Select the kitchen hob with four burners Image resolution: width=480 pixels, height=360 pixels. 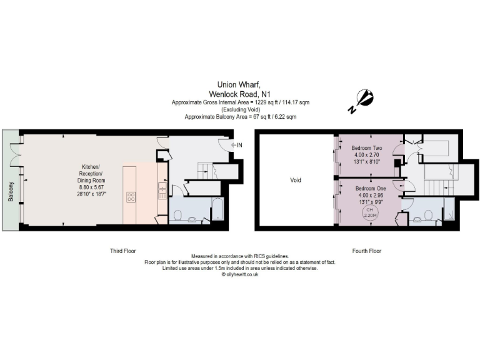pos(132,197)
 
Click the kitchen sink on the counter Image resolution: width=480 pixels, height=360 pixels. pos(162,188)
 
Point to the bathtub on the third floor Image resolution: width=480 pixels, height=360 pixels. pos(217,209)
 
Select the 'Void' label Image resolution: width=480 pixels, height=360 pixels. pos(296,180)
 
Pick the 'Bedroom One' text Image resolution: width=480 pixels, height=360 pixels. pos(371,187)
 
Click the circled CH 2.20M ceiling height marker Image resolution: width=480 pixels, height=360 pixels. pos(367,213)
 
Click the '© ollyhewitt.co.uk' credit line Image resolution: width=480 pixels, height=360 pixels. pos(240,274)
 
